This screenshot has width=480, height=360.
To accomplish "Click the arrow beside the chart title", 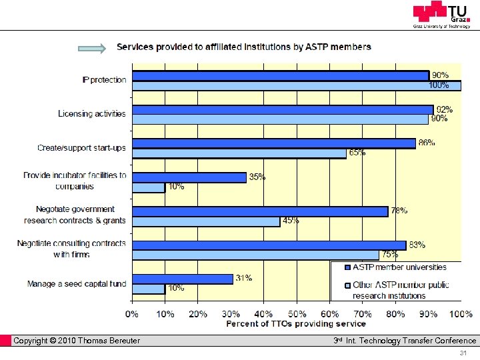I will coord(92,48).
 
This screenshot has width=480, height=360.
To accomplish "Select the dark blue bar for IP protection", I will coord(280,75).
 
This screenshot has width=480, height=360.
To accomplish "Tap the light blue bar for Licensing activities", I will coord(280,119).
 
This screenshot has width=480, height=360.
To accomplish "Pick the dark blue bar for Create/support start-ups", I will coord(273,143).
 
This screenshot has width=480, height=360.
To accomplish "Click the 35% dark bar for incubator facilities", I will coord(189,177).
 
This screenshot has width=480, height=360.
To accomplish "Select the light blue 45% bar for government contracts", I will coord(206,221).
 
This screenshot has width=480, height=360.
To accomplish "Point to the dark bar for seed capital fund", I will coord(183,279).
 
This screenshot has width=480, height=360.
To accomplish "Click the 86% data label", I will coord(426,143).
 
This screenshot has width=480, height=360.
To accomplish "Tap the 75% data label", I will coord(390,254).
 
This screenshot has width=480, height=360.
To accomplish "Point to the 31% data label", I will coord(243,278).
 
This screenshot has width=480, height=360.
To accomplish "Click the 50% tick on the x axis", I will coord(297,313).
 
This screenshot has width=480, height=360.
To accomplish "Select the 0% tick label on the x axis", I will coord(132,313).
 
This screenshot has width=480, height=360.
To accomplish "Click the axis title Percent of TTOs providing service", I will coord(296,323).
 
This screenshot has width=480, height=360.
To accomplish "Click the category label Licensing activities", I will coord(91,113).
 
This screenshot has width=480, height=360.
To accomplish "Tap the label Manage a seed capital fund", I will coord(76,284).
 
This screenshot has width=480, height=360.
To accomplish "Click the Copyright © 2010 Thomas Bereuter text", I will coord(77,341).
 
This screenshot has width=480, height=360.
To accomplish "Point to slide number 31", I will coord(465,353).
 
